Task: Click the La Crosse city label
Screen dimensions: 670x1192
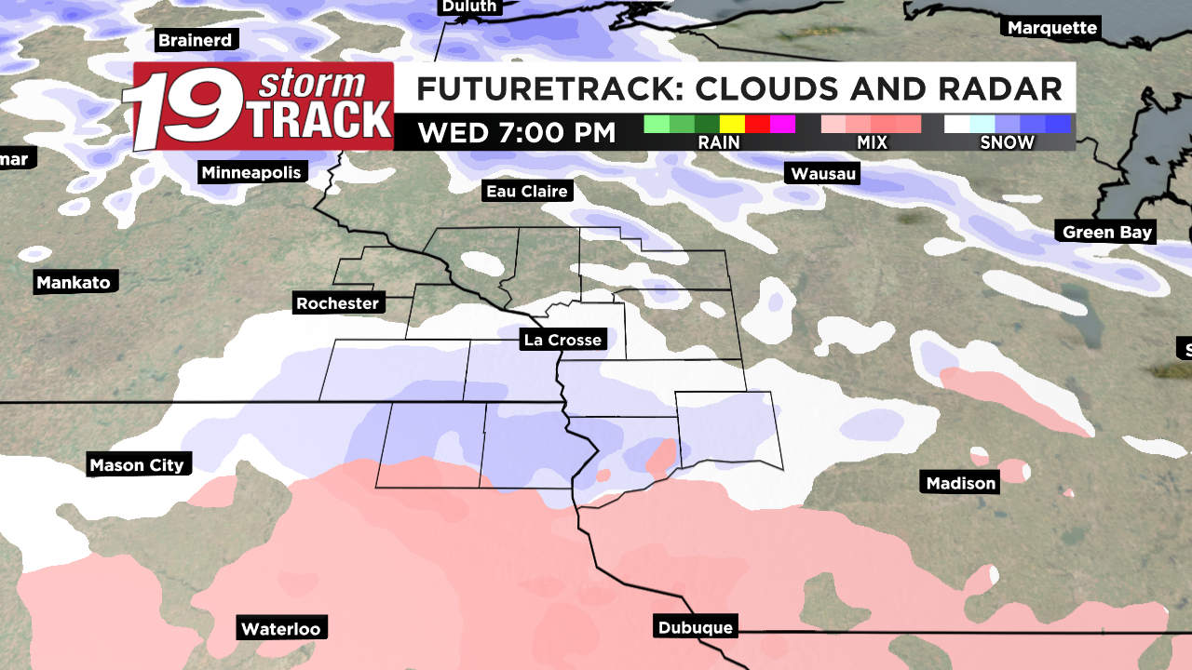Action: [562, 340]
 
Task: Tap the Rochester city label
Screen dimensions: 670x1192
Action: [337, 302]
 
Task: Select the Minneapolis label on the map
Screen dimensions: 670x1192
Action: [251, 172]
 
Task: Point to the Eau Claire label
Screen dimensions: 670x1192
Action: [526, 192]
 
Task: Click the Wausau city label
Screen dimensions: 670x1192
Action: [823, 173]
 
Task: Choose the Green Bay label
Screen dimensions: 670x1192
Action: [1107, 232]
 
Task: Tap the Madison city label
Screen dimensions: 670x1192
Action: [961, 482]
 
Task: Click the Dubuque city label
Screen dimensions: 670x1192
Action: [695, 627]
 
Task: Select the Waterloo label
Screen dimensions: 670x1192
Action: [280, 628]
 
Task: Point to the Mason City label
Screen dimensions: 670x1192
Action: [137, 464]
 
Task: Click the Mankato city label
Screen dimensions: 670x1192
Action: [74, 282]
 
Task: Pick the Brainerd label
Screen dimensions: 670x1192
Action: [195, 40]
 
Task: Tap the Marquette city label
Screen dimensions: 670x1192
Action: [1052, 27]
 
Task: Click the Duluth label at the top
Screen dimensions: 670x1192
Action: [467, 7]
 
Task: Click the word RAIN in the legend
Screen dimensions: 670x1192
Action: [719, 142]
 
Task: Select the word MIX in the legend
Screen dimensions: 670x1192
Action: [870, 142]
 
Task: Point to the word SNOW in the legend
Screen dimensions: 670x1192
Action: [1007, 142]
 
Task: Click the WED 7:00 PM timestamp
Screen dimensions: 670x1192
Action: [517, 132]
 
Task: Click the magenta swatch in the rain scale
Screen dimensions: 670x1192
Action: [782, 124]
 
